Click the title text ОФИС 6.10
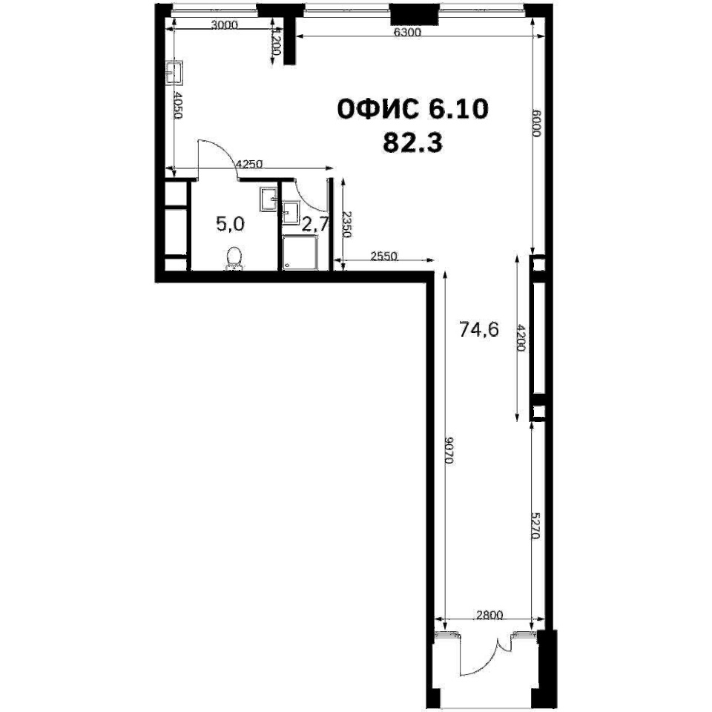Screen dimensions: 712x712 pos(413,110)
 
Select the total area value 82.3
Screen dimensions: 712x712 pos(413,142)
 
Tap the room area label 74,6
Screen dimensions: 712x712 pos(479,329)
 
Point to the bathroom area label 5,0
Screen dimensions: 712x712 pos(231,224)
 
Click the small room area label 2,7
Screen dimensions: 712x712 pos(315,224)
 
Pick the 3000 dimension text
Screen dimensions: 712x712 pos(225,25)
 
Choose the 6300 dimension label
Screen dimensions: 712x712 pos(407,32)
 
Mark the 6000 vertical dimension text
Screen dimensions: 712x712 pos(537,124)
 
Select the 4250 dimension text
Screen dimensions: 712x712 pos(250,164)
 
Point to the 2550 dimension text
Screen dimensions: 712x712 pos(383,256)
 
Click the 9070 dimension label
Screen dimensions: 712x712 pos(449,449)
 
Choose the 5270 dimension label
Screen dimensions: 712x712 pos(535,525)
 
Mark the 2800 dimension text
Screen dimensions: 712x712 pos(489,615)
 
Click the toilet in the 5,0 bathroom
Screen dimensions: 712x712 pos(234,258)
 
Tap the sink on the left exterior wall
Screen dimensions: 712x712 pos(174,73)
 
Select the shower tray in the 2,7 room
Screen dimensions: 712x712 pos(300,252)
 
